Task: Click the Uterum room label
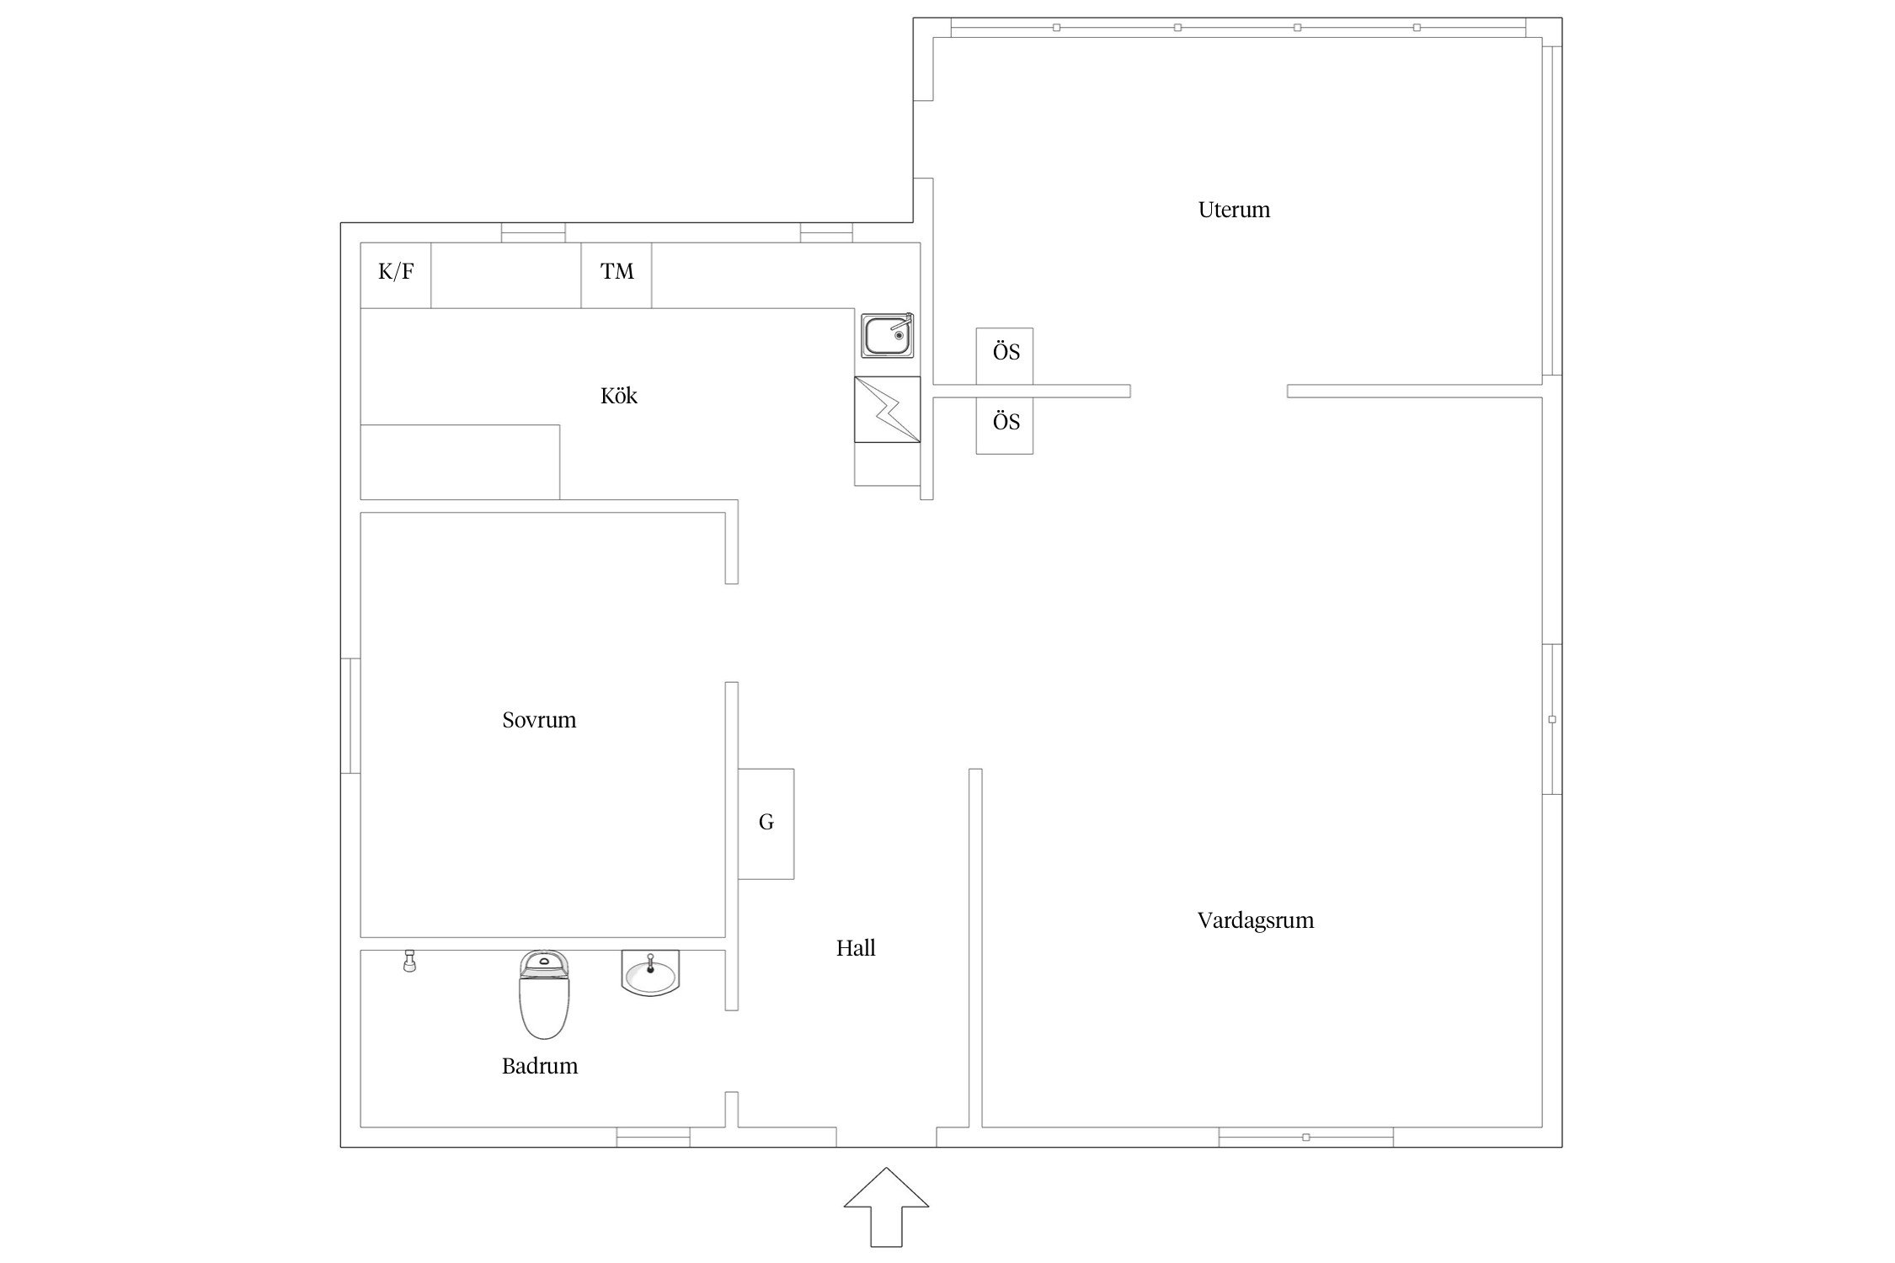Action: pos(1234,210)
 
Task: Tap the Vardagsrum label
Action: pos(1255,920)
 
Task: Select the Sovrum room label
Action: pos(539,720)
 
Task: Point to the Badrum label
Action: pos(540,1066)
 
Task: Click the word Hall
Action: pos(856,948)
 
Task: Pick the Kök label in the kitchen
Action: pos(619,396)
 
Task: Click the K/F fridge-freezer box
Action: pos(396,275)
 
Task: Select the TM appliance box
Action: pos(617,275)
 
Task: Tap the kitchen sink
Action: pos(888,335)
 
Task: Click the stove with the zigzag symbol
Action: pos(888,409)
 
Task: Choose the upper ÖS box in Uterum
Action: pos(1005,356)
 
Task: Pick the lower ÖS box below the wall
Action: pos(1005,426)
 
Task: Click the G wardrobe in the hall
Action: pos(766,823)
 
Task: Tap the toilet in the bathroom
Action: pos(544,994)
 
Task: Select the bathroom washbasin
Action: pos(650,974)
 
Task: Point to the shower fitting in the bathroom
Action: pos(409,961)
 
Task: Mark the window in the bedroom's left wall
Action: pos(350,716)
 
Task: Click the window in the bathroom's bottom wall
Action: pos(653,1137)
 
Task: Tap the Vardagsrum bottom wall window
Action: pos(1305,1137)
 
